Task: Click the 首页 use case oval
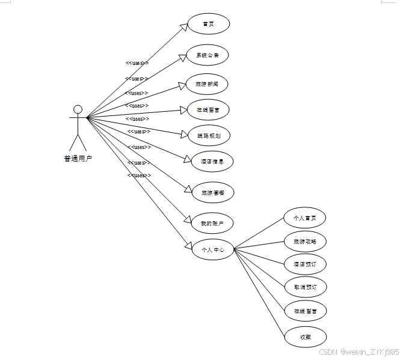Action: click(x=208, y=24)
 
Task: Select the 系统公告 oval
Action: click(x=208, y=55)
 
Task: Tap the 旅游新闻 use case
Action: click(x=207, y=84)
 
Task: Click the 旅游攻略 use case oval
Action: click(x=305, y=242)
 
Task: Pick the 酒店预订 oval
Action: click(x=305, y=264)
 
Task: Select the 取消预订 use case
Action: click(x=305, y=287)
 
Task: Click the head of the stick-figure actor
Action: click(x=78, y=109)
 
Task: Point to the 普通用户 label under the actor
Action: click(x=78, y=159)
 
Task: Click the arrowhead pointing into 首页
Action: click(x=183, y=27)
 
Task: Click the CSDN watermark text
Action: click(x=358, y=351)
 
